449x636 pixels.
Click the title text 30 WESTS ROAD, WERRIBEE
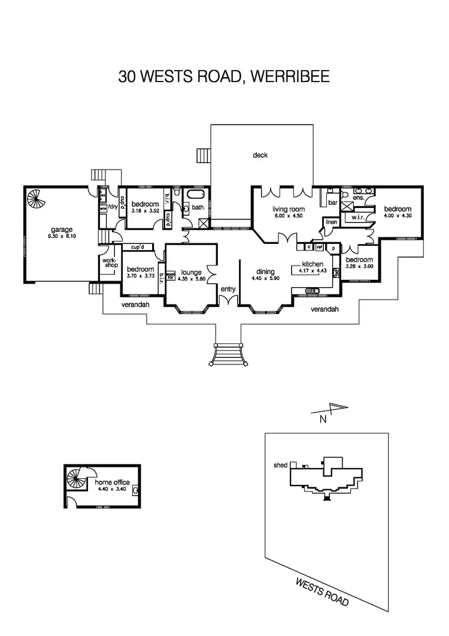(x=224, y=77)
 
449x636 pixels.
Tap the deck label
(x=260, y=155)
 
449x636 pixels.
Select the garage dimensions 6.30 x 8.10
(x=61, y=237)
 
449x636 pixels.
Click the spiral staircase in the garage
(x=35, y=198)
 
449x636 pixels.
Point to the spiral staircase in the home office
(x=77, y=479)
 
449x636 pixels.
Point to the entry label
(x=228, y=290)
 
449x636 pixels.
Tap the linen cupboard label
(x=331, y=222)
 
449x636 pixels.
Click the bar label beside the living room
(x=331, y=203)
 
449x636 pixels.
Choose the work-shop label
(x=109, y=263)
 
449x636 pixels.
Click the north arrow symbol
(x=330, y=411)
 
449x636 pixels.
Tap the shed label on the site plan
(x=280, y=465)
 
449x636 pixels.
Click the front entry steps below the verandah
(x=227, y=354)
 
